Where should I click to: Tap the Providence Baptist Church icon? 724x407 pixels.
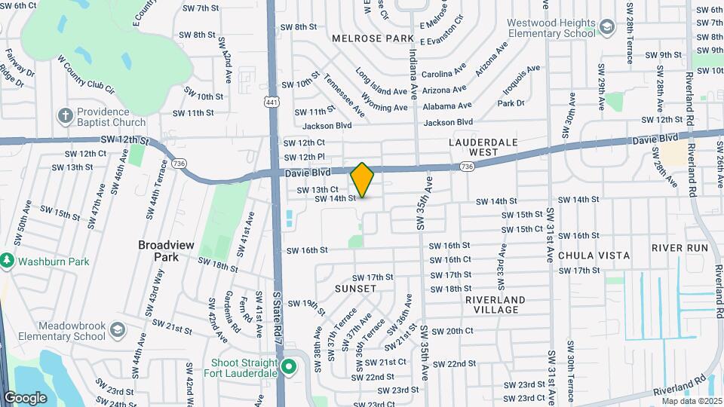66,116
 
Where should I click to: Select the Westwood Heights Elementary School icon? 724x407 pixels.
606,29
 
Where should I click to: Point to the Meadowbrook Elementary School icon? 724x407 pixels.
117,330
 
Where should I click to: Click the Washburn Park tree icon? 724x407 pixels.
8,260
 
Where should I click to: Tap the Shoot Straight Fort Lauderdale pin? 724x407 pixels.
288,366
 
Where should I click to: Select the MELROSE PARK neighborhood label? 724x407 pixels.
373,38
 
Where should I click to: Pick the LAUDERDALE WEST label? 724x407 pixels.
483,147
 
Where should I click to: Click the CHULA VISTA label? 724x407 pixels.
594,256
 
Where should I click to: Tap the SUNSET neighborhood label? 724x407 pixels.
354,289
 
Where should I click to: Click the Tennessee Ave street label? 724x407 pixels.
345,95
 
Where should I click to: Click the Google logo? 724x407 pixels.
25,397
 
